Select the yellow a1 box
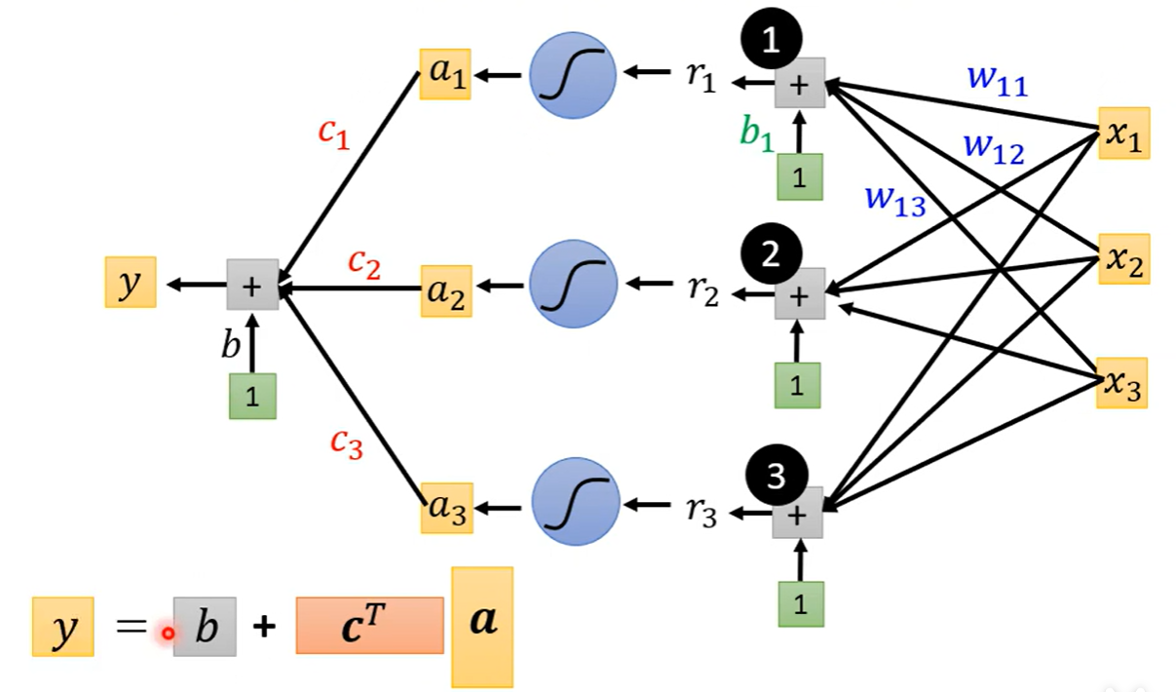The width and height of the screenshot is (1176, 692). [x=445, y=74]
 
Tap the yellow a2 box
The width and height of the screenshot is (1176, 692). [x=446, y=289]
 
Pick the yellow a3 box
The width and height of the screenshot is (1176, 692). [x=446, y=507]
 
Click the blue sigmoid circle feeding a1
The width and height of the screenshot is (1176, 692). [x=573, y=75]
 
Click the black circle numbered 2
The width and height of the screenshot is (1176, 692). [x=772, y=255]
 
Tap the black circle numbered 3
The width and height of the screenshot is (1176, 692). [x=776, y=475]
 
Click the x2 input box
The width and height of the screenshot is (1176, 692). [x=1123, y=258]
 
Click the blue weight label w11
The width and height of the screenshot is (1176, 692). [x=997, y=82]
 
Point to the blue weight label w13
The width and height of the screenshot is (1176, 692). [x=894, y=200]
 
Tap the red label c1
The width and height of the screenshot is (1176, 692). [x=334, y=135]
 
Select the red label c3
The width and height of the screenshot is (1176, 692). [x=346, y=442]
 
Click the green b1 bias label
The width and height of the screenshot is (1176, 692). [x=756, y=135]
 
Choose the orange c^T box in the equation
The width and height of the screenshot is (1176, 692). [x=369, y=625]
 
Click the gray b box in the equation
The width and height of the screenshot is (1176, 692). [x=205, y=627]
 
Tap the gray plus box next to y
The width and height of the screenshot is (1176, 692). [x=252, y=285]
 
